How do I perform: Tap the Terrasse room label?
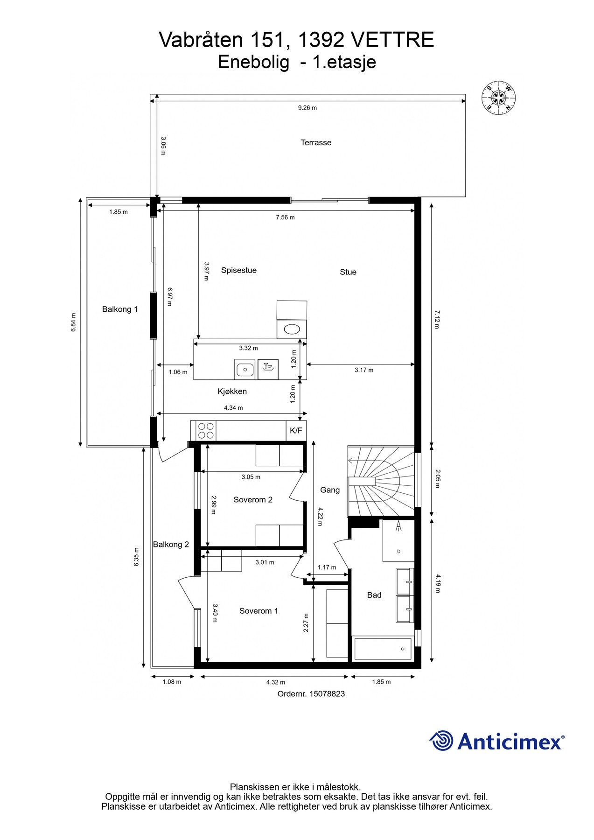click(x=316, y=143)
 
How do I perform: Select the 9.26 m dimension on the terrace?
click(x=307, y=108)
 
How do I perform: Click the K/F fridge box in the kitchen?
click(x=296, y=431)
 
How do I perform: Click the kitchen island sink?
click(x=245, y=370)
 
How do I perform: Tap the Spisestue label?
click(x=239, y=270)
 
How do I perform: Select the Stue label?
click(x=348, y=272)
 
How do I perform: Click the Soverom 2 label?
click(x=253, y=500)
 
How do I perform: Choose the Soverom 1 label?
click(x=259, y=611)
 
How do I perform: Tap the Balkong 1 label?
click(x=120, y=309)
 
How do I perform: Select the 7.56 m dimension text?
click(x=285, y=217)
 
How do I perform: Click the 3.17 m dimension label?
click(x=364, y=370)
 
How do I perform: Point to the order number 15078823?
click(x=311, y=694)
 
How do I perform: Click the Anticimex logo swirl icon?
click(x=441, y=741)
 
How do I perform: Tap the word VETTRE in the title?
click(x=392, y=40)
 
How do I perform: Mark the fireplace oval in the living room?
click(x=292, y=329)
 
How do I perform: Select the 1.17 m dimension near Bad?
click(x=327, y=567)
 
